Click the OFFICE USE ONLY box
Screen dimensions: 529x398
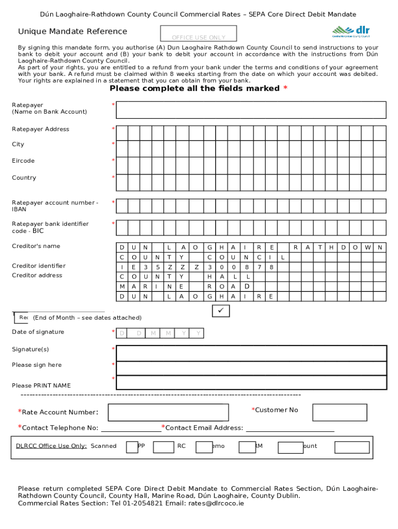point(198,34)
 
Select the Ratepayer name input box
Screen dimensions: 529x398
point(251,110)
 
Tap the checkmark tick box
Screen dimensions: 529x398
point(221,311)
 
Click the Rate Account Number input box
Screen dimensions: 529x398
point(168,412)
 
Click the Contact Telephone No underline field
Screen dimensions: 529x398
point(131,428)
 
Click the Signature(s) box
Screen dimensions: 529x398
point(251,353)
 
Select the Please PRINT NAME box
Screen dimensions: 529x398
point(251,382)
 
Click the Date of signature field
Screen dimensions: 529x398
point(160,333)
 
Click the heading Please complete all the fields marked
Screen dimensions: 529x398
point(195,88)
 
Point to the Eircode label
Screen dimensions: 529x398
point(23,161)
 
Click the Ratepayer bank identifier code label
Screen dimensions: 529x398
point(50,227)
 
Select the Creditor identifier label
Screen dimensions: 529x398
point(39,266)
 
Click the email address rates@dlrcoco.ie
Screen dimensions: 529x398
point(216,503)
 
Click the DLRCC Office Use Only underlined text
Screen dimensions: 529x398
point(51,446)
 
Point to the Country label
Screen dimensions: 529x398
point(24,178)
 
